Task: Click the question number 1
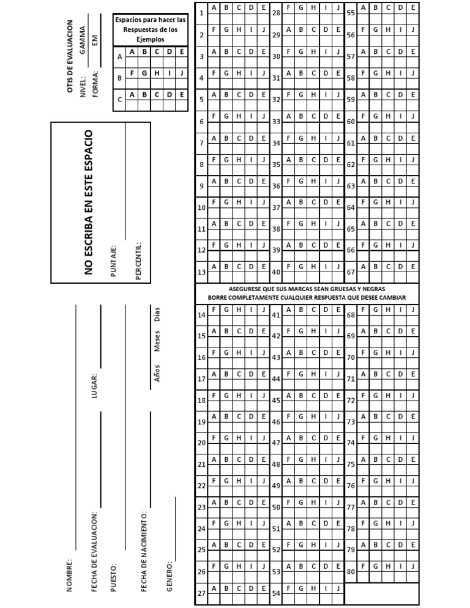[x=202, y=13]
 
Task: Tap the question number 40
[x=276, y=272]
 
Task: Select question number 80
[x=351, y=572]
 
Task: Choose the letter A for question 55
[x=364, y=7]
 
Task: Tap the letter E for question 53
[x=338, y=566]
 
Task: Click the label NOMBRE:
[x=69, y=574]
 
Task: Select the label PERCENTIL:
[x=138, y=260]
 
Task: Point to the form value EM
[x=95, y=41]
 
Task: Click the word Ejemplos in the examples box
[x=151, y=39]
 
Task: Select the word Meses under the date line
[x=157, y=341]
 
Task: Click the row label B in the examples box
[x=119, y=78]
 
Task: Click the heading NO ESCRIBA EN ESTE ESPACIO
[x=89, y=202]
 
